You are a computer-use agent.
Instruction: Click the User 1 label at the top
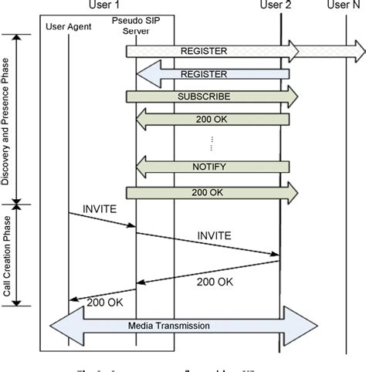pos(105,6)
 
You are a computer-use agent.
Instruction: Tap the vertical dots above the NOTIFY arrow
pos(211,142)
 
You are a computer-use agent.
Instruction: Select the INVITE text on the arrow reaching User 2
pos(213,235)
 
